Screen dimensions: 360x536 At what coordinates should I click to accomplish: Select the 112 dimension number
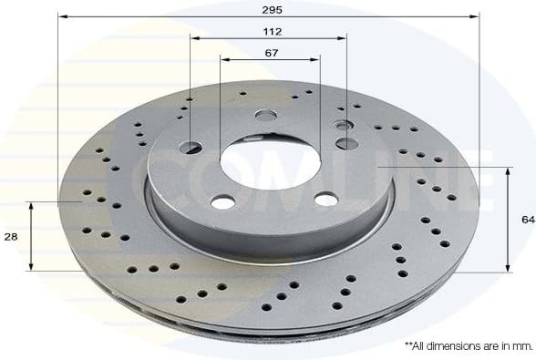point(271,31)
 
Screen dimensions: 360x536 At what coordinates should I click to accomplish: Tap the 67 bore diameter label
point(271,53)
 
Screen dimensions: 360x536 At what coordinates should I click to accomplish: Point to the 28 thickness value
point(10,236)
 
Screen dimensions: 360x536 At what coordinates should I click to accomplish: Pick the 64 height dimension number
point(527,220)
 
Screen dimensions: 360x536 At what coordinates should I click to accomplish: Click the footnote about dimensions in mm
point(468,346)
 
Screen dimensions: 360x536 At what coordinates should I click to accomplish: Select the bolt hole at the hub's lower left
point(223,202)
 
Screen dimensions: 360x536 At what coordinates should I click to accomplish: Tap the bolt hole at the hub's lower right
point(325,199)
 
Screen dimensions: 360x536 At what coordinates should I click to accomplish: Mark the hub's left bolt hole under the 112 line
point(192,147)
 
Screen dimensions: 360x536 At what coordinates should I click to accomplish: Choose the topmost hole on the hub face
point(266,115)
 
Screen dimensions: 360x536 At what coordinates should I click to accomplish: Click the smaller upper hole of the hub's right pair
point(343,125)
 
